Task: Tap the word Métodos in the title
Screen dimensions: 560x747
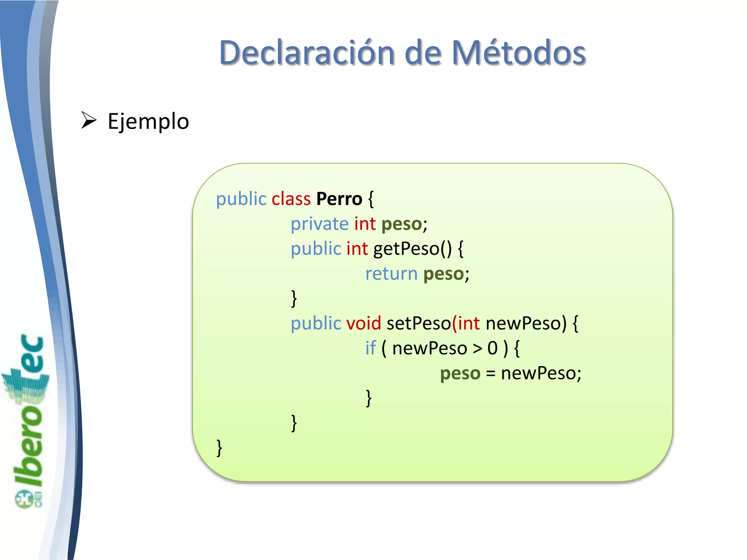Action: coord(518,53)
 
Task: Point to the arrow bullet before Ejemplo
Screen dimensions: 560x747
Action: coord(89,120)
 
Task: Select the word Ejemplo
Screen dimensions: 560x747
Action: coord(148,122)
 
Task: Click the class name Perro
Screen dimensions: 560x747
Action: coord(339,199)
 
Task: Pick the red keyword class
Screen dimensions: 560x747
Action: coord(291,199)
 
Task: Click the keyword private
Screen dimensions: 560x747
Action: coord(320,224)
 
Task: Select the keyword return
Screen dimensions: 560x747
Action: coord(391,274)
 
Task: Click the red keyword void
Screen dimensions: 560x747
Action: coord(363,323)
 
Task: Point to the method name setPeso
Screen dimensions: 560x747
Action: coord(418,323)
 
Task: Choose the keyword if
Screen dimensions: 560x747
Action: coord(370,348)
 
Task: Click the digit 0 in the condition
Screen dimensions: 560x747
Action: coord(492,349)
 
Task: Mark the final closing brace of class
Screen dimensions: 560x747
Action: coord(219,448)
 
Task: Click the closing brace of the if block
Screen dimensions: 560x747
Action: coord(369,398)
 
